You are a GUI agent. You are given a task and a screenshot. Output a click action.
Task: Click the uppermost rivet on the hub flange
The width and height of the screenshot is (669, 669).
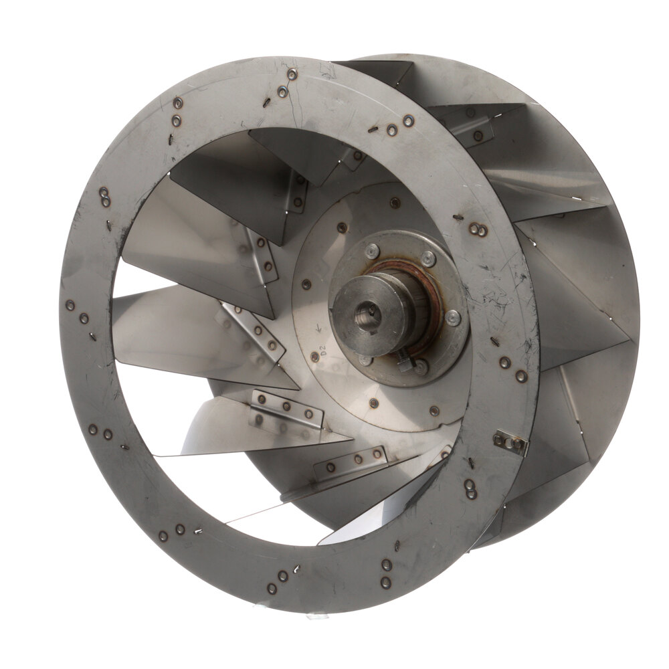(x=373, y=252)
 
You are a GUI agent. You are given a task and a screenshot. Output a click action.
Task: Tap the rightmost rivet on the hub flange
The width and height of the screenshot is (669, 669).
(x=453, y=319)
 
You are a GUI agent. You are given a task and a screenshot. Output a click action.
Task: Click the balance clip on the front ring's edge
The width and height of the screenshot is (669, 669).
(x=510, y=442)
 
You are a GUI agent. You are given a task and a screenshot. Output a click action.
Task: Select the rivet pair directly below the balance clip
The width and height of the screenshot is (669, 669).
(x=472, y=490)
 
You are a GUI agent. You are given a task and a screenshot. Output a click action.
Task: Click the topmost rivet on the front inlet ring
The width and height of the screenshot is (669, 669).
(x=292, y=75)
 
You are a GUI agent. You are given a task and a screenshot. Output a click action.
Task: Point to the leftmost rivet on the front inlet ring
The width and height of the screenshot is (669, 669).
(x=70, y=305)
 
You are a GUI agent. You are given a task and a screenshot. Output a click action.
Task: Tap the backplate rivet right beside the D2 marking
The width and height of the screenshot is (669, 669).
(x=315, y=357)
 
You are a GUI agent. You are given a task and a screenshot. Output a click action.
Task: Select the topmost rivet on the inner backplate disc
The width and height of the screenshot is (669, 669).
(x=396, y=202)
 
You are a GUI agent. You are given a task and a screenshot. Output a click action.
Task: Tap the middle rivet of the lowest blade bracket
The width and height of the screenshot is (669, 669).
(x=358, y=460)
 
